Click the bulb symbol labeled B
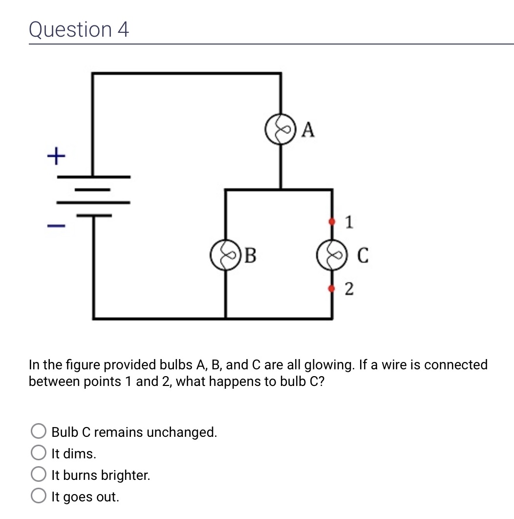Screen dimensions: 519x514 pyautogui.click(x=225, y=255)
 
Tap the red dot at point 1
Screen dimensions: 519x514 pyautogui.click(x=333, y=222)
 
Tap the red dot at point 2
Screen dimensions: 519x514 pyautogui.click(x=333, y=289)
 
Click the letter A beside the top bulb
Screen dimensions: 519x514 pyautogui.click(x=308, y=130)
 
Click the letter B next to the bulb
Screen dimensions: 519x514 pyautogui.click(x=250, y=255)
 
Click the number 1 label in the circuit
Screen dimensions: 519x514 pyautogui.click(x=348, y=222)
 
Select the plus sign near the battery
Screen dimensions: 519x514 pyautogui.click(x=56, y=157)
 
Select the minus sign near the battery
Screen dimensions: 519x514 pyautogui.click(x=56, y=226)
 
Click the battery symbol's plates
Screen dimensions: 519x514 pyautogui.click(x=93, y=196)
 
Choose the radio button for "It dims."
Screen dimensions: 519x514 pyautogui.click(x=38, y=453)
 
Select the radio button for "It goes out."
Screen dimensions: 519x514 pyautogui.click(x=38, y=496)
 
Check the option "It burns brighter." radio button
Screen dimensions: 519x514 pyautogui.click(x=38, y=475)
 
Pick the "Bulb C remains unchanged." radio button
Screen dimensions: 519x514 pyautogui.click(x=38, y=432)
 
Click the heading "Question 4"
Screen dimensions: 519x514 pyautogui.click(x=79, y=29)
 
